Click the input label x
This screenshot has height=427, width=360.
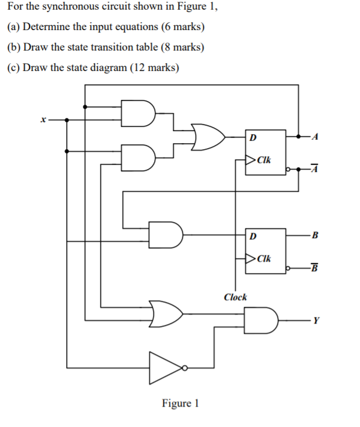[x=42, y=120]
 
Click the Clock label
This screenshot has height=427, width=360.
[x=235, y=297]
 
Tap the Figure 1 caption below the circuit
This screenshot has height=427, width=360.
[x=180, y=403]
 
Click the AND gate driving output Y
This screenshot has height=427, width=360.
[x=260, y=320]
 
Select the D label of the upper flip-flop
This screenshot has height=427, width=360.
[x=253, y=137]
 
